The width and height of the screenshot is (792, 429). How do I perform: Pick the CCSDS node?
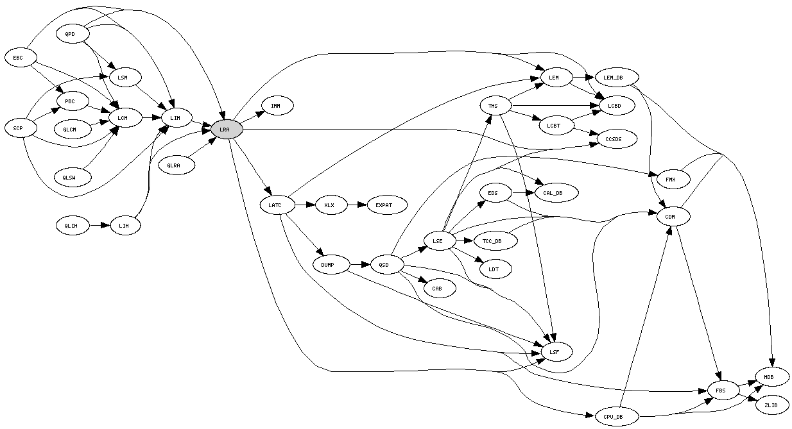pyautogui.click(x=617, y=139)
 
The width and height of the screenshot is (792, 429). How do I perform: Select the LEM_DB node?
pyautogui.click(x=613, y=78)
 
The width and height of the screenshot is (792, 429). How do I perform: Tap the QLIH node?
pyautogui.click(x=71, y=225)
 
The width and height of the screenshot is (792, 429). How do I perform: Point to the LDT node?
pyautogui.click(x=493, y=269)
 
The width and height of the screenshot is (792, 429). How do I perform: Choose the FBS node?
pyautogui.click(x=722, y=390)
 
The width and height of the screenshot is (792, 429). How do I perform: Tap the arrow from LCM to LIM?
pyautogui.click(x=151, y=118)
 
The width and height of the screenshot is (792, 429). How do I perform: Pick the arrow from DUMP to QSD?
pyautogui.click(x=361, y=264)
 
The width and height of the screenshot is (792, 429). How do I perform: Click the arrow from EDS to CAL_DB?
pyautogui.click(x=523, y=192)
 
